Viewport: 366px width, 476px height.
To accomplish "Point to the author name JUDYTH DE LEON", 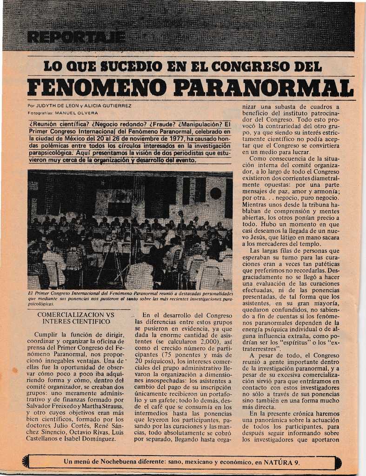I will point(60,106).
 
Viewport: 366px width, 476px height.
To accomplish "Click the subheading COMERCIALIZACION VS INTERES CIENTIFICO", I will point(76,317).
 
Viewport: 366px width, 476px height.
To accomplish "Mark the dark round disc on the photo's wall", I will point(215,193).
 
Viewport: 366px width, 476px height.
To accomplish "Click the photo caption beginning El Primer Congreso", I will point(130,299).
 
